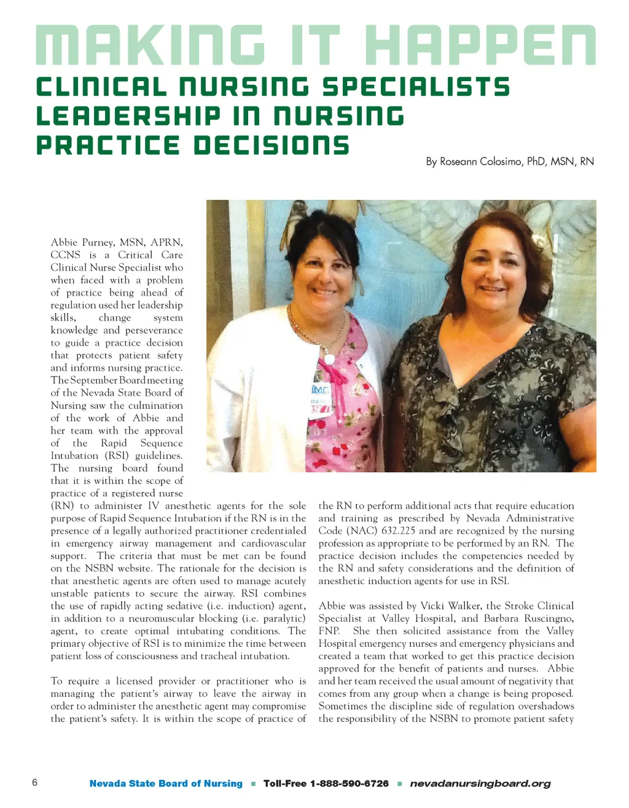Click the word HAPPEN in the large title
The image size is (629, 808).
[x=484, y=46]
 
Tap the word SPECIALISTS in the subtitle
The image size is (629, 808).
[x=416, y=87]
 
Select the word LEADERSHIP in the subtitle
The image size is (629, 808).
[x=128, y=116]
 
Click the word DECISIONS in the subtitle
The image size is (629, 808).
[x=272, y=146]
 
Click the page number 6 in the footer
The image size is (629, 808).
[x=34, y=782]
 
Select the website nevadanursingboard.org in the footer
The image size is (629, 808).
[x=480, y=783]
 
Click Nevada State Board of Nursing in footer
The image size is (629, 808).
[x=166, y=783]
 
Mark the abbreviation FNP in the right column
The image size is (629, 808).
[x=329, y=631]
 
